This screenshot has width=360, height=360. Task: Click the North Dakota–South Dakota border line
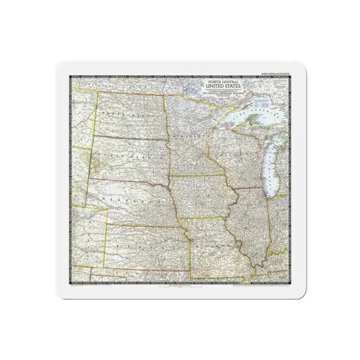coord(128,135)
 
